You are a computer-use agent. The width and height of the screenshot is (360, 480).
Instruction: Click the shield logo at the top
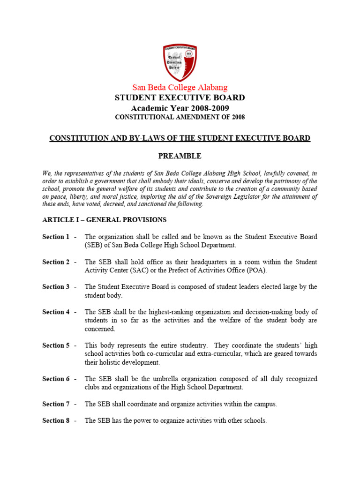click(x=180, y=63)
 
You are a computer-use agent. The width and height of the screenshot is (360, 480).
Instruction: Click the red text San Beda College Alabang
click(x=180, y=88)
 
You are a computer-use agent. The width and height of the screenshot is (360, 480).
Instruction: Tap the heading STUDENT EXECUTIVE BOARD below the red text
click(x=180, y=98)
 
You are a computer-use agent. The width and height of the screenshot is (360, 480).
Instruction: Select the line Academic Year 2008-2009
click(x=180, y=108)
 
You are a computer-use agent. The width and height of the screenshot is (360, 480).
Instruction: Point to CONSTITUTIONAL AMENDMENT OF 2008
click(x=180, y=117)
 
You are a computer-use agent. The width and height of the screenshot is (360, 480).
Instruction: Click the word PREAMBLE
click(x=180, y=156)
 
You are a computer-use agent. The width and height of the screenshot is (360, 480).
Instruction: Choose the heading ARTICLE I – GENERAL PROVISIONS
click(x=104, y=220)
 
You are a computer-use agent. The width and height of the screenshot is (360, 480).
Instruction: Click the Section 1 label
click(x=56, y=237)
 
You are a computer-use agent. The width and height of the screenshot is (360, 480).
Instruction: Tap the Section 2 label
click(x=56, y=262)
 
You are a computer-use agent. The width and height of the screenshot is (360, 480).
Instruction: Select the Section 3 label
click(x=56, y=287)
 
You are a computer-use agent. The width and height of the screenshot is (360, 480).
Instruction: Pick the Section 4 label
click(x=56, y=312)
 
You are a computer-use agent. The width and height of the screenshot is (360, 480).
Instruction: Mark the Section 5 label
click(x=56, y=345)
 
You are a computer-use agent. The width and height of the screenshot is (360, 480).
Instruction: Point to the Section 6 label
click(x=56, y=379)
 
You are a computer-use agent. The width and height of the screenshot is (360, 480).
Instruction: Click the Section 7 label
click(x=56, y=404)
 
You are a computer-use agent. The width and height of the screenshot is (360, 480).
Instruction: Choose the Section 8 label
click(x=56, y=421)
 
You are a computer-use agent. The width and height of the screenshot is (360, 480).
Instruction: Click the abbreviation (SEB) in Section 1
click(x=94, y=245)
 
